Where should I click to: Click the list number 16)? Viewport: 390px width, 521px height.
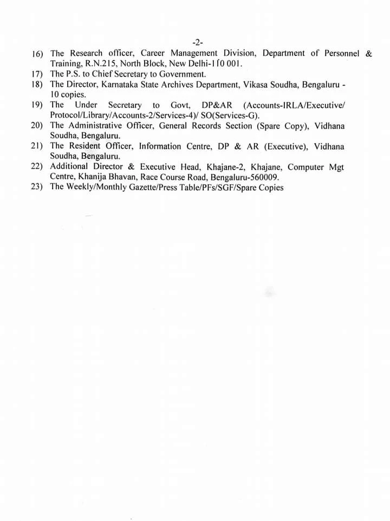(x=37, y=54)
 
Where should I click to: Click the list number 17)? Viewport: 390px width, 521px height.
(x=37, y=74)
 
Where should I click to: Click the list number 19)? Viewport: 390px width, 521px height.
(x=37, y=105)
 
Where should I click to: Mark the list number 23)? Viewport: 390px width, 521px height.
(x=37, y=188)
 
